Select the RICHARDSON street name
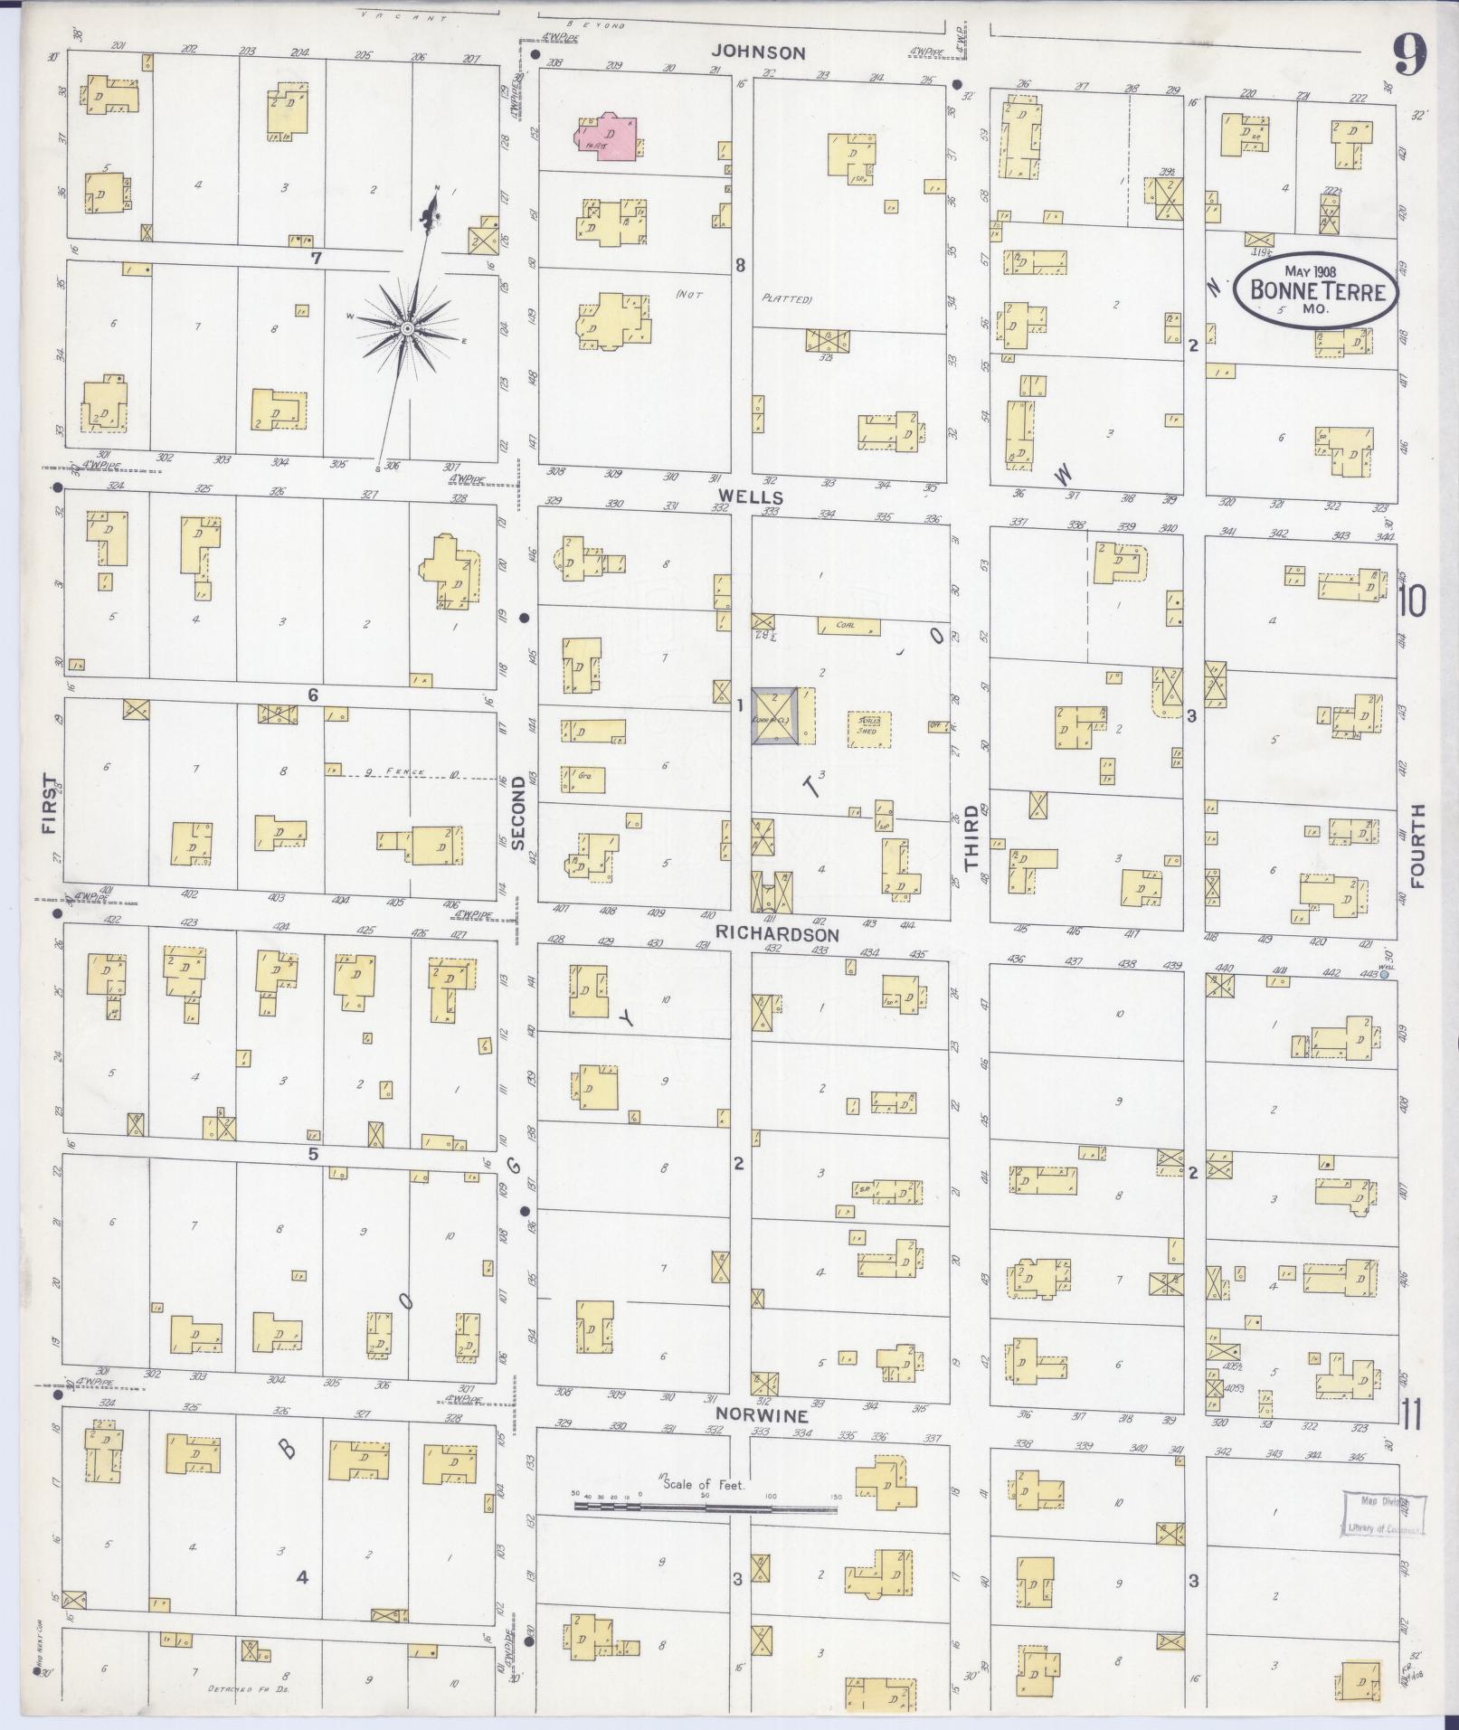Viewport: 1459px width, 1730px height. tap(777, 933)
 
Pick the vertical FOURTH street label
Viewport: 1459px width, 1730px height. tap(1416, 846)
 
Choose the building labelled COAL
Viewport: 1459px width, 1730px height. tap(848, 626)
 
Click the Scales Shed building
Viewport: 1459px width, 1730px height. tap(869, 728)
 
